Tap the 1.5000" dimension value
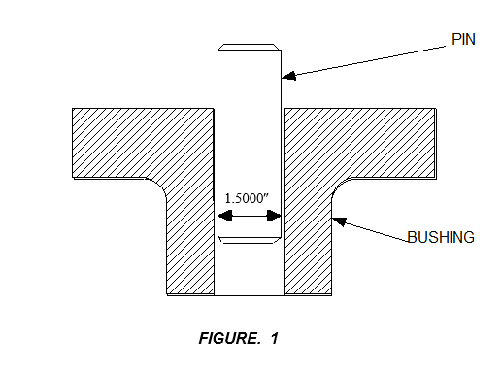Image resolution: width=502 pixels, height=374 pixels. tap(247, 199)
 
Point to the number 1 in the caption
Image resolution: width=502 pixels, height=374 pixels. tap(275, 339)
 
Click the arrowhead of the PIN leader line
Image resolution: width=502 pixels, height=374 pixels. tap(285, 75)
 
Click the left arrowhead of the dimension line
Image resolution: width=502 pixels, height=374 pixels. tap(220, 220)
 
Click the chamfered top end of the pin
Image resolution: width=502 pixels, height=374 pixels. tap(249, 47)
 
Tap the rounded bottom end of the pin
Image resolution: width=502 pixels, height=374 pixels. tap(249, 238)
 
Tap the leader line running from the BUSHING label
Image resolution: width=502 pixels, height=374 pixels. tap(374, 230)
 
